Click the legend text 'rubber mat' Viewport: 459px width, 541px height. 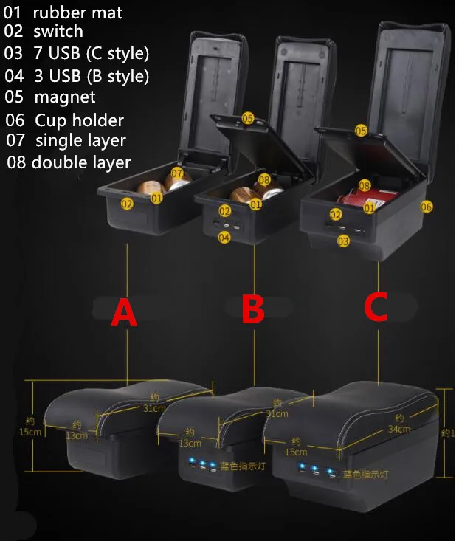tap(77, 13)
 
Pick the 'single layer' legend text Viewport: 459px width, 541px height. tap(80, 140)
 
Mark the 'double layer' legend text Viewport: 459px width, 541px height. tap(80, 162)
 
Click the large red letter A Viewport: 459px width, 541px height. tap(124, 313)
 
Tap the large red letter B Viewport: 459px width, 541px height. tap(253, 310)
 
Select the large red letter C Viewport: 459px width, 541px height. tap(376, 308)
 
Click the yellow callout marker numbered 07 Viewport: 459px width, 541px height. tap(177, 173)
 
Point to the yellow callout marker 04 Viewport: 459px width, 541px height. tap(224, 237)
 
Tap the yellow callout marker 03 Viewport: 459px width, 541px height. tap(343, 241)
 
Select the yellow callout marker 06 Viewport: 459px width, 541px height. tap(426, 207)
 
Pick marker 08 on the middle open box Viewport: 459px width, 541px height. tap(264, 179)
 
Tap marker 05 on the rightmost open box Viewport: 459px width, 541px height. tap(361, 131)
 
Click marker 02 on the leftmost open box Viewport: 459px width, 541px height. tap(127, 204)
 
